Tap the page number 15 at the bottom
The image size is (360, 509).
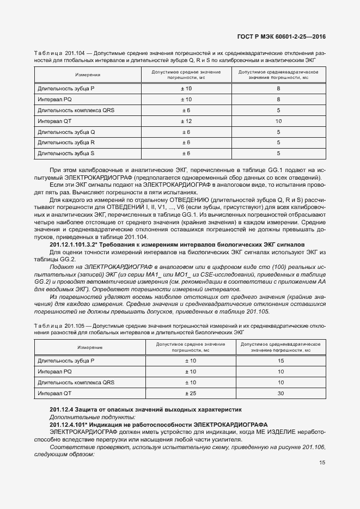pyautogui.click(x=322, y=463)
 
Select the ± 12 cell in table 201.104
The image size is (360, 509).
pyautogui.click(x=186, y=121)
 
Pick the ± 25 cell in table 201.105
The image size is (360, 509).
pyautogui.click(x=191, y=393)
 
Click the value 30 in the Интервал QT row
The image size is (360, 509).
pyautogui.click(x=281, y=393)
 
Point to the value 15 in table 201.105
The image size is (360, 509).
pyautogui.click(x=281, y=361)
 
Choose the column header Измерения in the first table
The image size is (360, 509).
pyautogui.click(x=87, y=75)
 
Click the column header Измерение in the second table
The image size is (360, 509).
pyautogui.click(x=89, y=347)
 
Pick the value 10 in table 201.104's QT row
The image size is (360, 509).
pyautogui.click(x=278, y=121)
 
